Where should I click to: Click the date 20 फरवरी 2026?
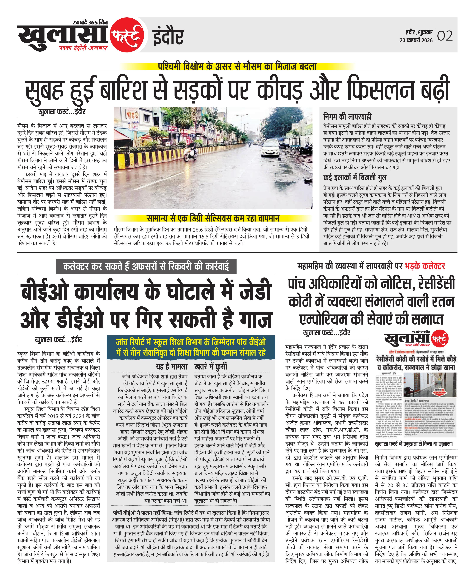tap(416, 40)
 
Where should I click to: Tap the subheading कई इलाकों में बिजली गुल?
tap(355, 178)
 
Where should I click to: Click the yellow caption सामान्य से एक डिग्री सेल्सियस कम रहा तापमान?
tap(213, 218)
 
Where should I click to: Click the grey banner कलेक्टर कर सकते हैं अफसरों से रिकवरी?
tap(146, 266)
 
